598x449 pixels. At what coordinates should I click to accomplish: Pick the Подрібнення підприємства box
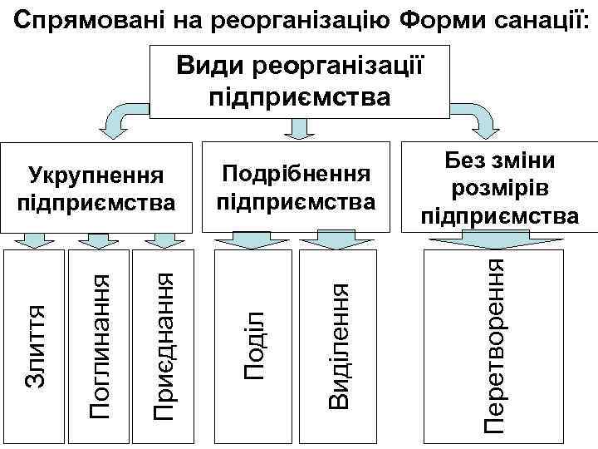pos(295,187)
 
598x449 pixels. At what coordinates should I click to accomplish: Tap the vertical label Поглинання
pos(100,345)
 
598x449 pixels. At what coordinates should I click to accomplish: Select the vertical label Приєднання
pos(163,345)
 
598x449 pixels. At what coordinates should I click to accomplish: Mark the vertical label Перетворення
pos(495,345)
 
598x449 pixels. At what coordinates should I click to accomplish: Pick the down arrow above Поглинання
pos(101,240)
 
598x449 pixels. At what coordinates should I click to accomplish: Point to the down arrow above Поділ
pos(244,240)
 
